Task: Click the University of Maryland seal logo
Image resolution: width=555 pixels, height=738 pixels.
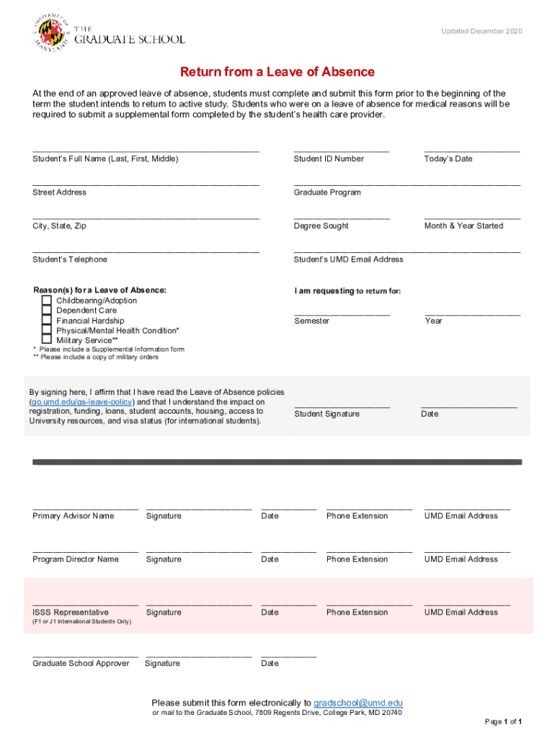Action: coord(51,33)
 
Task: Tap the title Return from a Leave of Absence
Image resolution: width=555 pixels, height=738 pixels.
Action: coord(277,72)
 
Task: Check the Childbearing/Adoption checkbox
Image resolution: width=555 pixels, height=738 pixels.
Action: coord(47,301)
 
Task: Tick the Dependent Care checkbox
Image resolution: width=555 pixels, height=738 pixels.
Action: coord(47,311)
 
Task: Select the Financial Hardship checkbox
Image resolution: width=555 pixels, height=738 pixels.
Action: coord(47,321)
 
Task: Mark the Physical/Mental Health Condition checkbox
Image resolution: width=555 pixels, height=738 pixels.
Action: coord(47,330)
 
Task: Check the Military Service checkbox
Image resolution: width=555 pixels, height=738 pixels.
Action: coord(47,339)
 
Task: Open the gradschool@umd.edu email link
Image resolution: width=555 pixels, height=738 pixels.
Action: coord(358,703)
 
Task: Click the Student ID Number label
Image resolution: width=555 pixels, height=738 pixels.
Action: coord(329,159)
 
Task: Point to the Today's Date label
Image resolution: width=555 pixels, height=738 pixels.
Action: coord(448,159)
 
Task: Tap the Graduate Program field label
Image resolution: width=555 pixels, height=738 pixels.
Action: coord(327,192)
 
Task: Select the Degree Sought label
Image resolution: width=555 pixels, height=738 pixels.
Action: coord(321,226)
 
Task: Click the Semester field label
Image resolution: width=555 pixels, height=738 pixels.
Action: coord(311,321)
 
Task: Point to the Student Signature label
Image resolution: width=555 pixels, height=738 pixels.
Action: coord(327,414)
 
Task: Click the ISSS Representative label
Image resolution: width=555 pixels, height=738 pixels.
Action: coord(71,613)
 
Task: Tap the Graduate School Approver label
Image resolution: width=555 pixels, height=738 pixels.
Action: coord(81,663)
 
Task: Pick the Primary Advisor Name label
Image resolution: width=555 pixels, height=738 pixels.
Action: coord(73,516)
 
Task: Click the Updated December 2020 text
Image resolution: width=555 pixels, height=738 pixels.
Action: coord(481,31)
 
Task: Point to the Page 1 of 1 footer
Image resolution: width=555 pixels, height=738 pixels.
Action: coord(503,721)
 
